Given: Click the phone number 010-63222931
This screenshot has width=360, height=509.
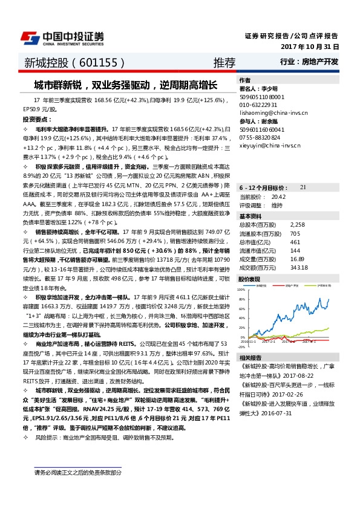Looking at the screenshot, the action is click(259, 104).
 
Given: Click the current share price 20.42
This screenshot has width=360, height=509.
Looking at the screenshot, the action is click(278, 180).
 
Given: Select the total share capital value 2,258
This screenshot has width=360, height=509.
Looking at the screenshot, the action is click(297, 207).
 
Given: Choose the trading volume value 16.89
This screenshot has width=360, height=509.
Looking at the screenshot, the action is click(296, 241).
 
